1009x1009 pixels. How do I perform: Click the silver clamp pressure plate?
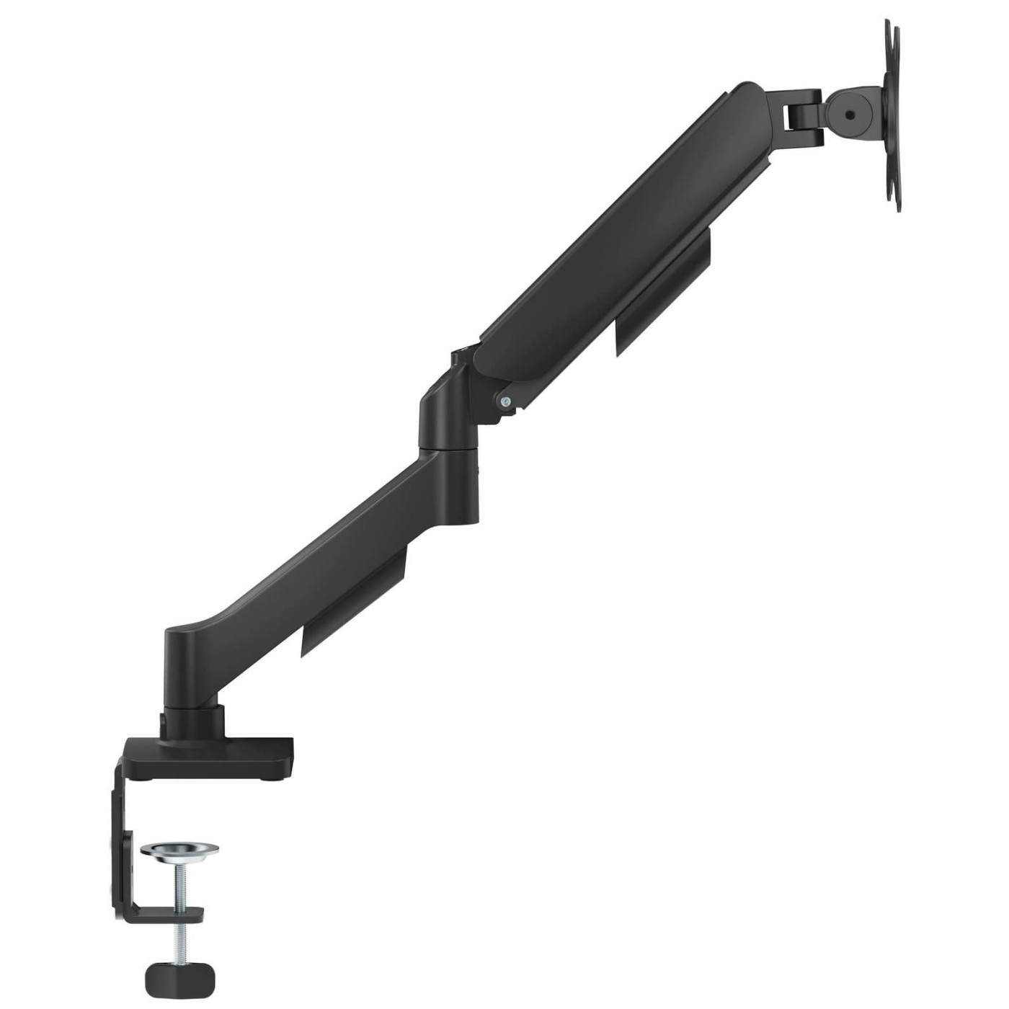179,851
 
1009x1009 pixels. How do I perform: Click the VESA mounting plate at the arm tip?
892,115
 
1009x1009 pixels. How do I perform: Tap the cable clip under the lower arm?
353,605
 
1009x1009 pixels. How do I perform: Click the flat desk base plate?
216,753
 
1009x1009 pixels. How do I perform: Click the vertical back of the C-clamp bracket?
120,843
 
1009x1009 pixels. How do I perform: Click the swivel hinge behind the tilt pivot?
802,112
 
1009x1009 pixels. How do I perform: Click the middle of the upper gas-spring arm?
620,238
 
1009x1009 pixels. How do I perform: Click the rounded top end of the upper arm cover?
746,97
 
